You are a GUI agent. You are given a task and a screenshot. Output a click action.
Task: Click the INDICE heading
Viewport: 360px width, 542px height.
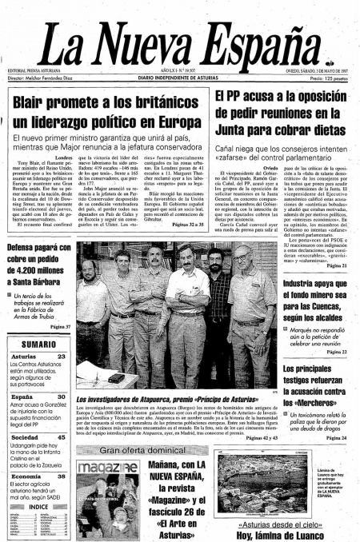38,506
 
